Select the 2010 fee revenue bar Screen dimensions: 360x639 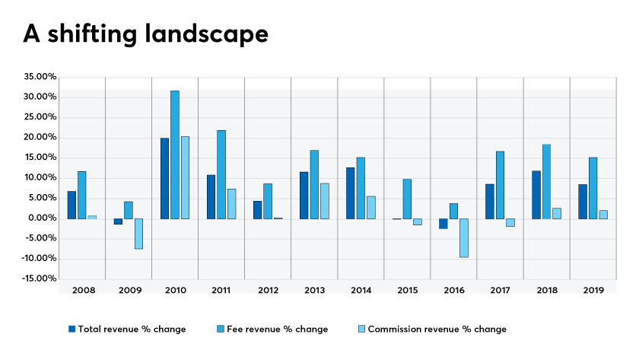[x=175, y=155]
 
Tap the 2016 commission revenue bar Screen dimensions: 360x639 [x=463, y=237]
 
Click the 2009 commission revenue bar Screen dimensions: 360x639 [x=138, y=234]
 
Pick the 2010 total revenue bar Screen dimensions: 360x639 [x=164, y=178]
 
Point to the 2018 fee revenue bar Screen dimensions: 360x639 [x=546, y=181]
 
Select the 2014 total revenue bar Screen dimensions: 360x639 [x=350, y=193]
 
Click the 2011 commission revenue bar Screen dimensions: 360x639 [x=231, y=204]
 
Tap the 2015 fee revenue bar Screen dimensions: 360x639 [x=407, y=199]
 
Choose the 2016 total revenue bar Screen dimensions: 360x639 [x=443, y=223]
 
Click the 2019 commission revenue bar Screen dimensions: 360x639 [x=602, y=215]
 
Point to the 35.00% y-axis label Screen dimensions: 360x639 [x=40, y=77]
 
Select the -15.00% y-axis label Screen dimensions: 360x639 [x=40, y=279]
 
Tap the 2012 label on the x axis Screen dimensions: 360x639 [x=268, y=291]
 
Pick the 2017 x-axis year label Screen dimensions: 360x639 [x=500, y=291]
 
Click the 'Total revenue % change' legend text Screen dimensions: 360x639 [x=132, y=330]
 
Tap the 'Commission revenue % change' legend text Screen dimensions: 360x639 [x=437, y=330]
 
